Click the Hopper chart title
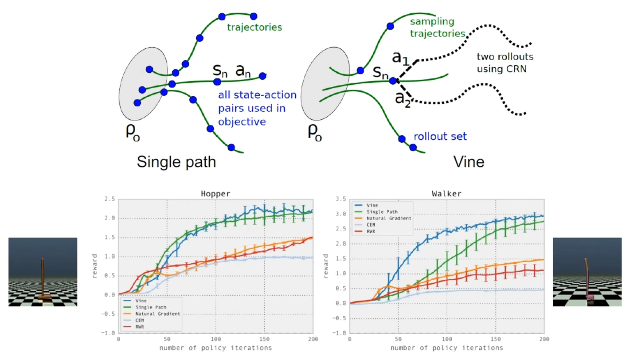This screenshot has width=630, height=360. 215,194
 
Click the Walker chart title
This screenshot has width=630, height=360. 446,194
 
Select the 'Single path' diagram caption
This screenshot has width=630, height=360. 176,162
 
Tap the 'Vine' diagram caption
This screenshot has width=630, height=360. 469,162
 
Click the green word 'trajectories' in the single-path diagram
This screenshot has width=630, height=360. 254,27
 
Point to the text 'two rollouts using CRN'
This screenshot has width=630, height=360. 505,63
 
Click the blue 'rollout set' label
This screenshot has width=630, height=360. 440,137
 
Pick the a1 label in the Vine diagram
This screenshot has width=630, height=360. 400,58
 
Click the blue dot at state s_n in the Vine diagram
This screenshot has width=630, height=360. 393,81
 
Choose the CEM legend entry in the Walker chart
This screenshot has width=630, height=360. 370,225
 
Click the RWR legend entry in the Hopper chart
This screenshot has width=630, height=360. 140,327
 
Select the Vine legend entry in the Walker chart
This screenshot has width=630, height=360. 372,205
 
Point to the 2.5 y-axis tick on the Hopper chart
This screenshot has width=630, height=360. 110,199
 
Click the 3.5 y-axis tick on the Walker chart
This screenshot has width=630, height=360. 340,200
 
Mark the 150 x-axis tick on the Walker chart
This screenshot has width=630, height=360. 496,339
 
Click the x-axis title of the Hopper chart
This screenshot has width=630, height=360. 215,348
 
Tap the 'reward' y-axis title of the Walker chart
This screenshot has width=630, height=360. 326,266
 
